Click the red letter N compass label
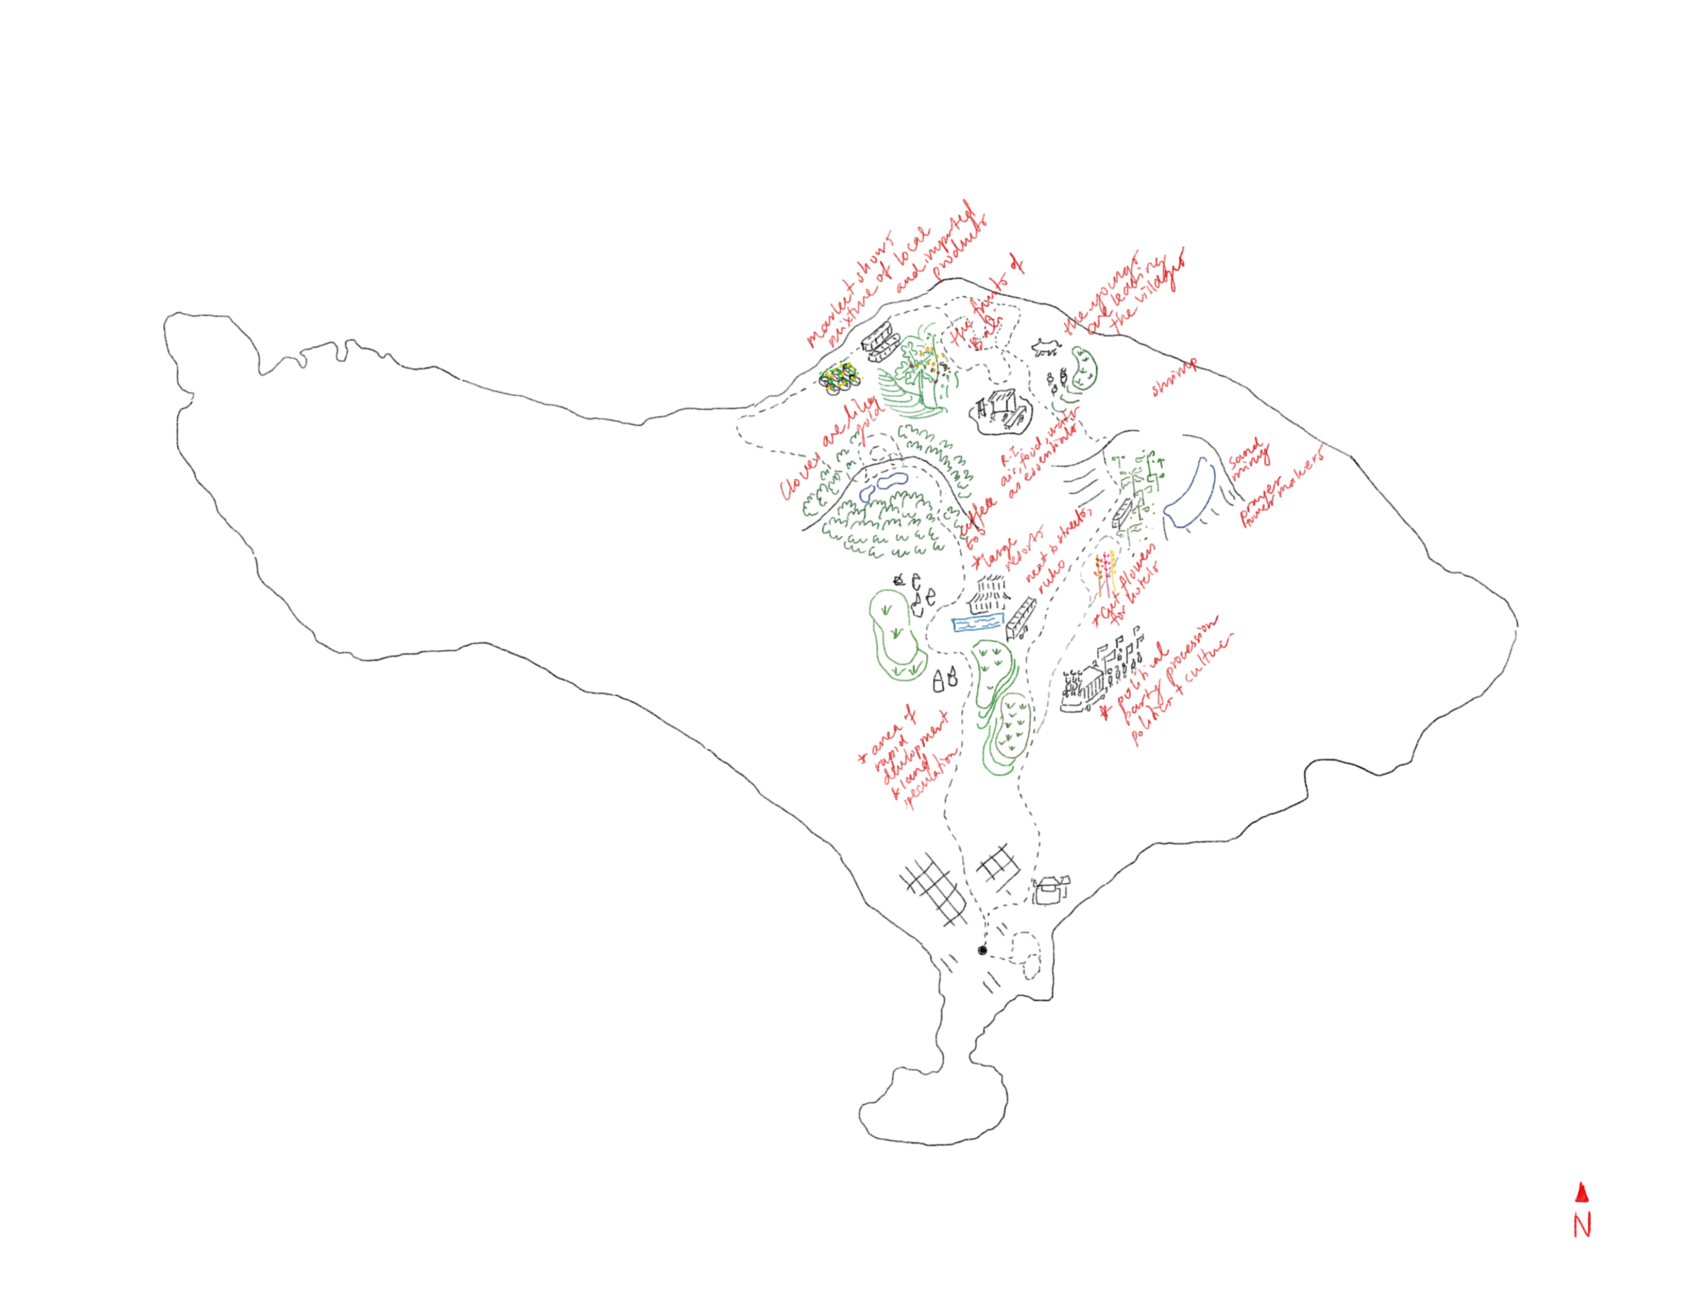pos(1582,1225)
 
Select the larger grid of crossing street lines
pos(934,890)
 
